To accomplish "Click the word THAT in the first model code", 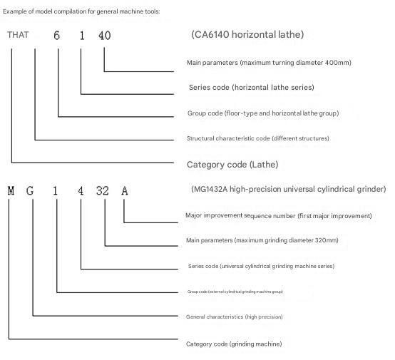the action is point(18,35).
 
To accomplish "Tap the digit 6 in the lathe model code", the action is point(56,35).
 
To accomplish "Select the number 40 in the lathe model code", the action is point(105,35).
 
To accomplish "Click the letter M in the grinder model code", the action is point(11,191).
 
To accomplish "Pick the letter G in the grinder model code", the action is point(30,191).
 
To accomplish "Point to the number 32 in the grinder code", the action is point(103,191).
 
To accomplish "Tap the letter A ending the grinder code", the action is point(125,191).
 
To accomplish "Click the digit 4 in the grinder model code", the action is point(81,191).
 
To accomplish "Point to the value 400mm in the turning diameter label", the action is point(337,63).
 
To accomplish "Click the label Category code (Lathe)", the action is point(232,165).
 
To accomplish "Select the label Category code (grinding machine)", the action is point(234,344).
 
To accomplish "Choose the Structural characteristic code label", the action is point(258,138).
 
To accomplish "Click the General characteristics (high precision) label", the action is point(235,317).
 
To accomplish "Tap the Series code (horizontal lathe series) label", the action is point(252,88).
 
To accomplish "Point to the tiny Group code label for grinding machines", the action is point(235,292).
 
